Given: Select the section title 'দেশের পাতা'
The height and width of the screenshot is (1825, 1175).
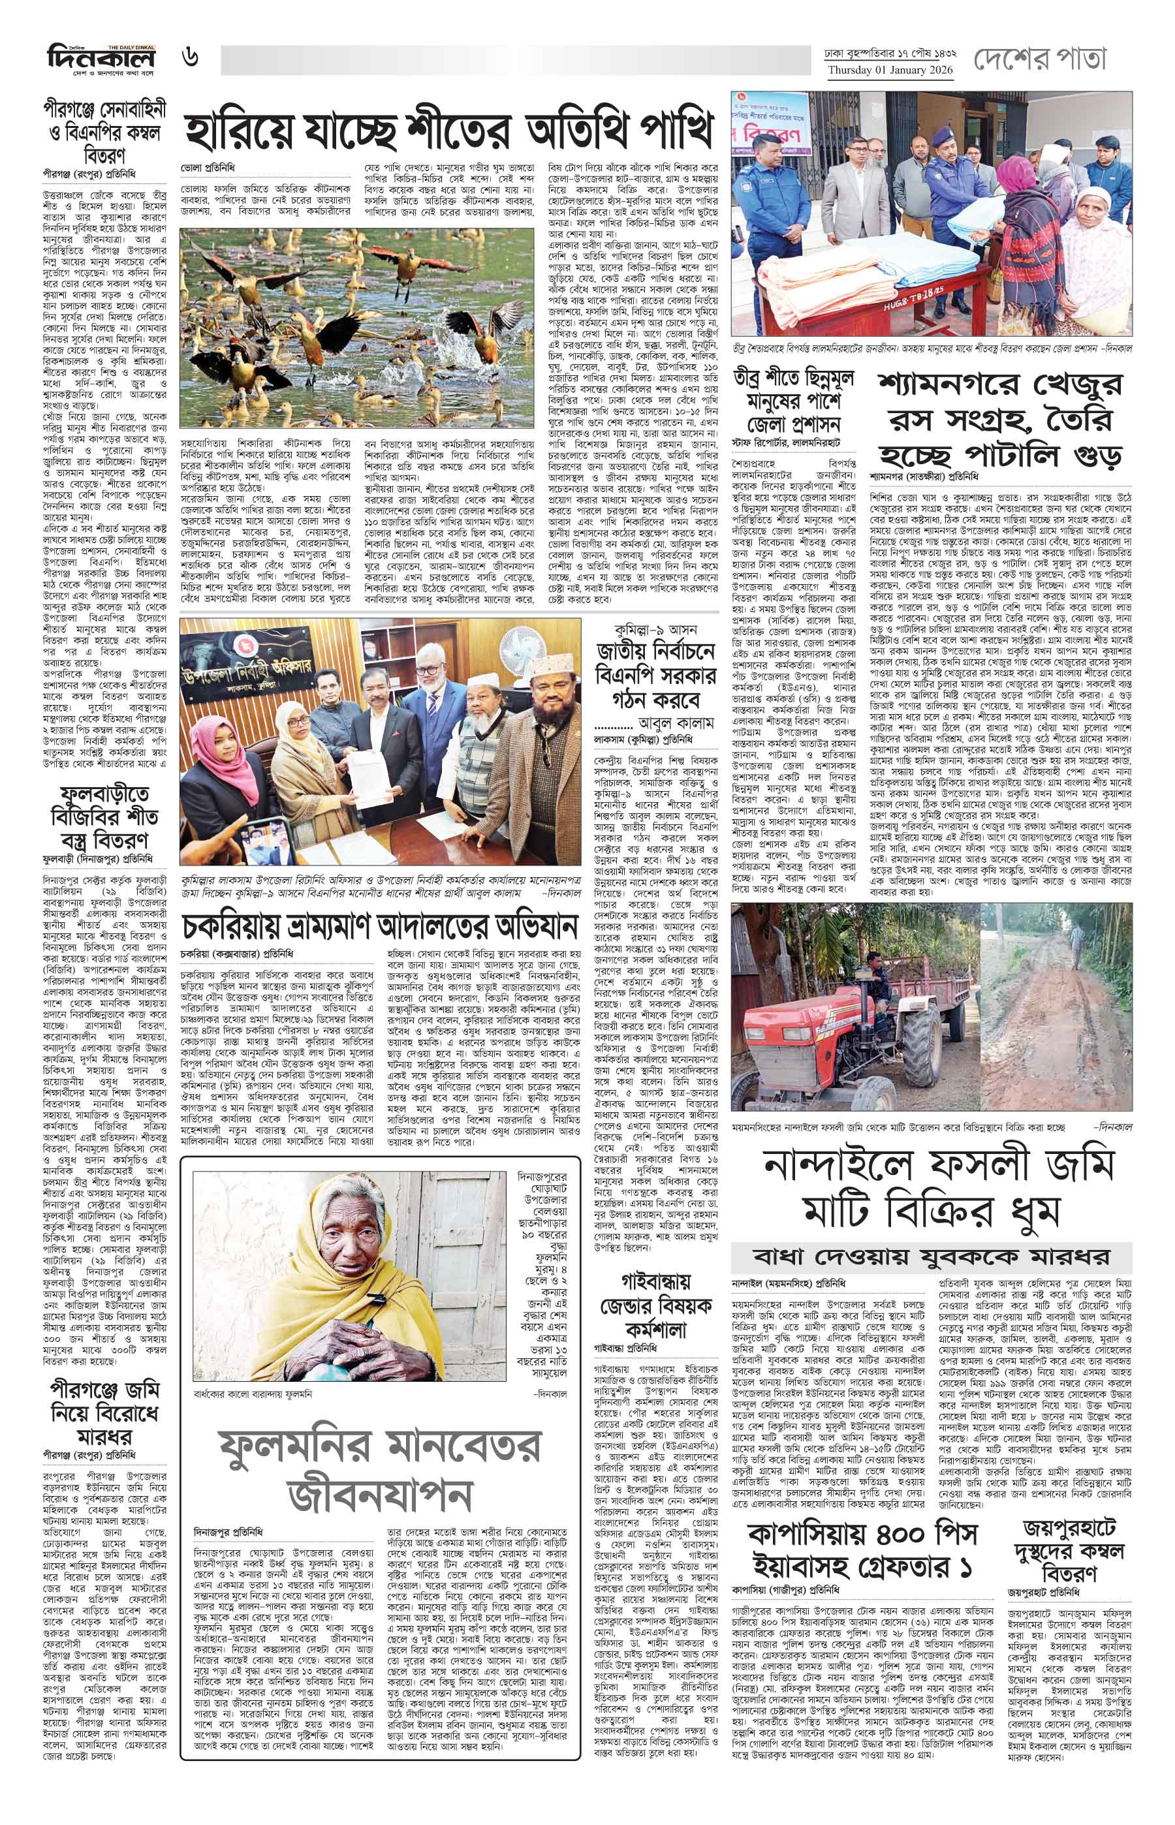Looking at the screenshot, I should click(x=1039, y=59).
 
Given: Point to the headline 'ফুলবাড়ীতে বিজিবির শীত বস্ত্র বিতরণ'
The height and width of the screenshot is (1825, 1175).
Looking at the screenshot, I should click(x=104, y=817).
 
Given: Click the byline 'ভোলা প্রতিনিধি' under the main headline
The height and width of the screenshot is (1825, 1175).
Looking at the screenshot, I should click(x=208, y=166).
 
